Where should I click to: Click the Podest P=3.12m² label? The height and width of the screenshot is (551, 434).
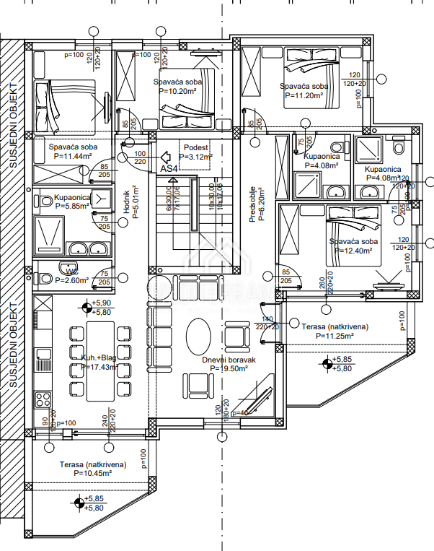click(x=196, y=152)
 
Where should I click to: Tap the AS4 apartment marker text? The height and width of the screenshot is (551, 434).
click(x=169, y=168)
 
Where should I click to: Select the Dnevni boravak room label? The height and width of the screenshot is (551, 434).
click(x=229, y=364)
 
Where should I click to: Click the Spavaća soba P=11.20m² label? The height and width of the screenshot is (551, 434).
click(x=304, y=90)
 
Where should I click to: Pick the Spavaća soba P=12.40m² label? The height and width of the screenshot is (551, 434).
click(x=353, y=246)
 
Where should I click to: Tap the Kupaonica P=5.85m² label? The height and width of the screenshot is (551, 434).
click(x=71, y=201)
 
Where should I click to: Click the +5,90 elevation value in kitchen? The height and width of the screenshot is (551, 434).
click(x=104, y=303)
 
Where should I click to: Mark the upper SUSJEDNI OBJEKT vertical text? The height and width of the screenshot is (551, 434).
click(x=13, y=126)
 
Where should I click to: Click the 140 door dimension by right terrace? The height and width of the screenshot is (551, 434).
click(x=267, y=318)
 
